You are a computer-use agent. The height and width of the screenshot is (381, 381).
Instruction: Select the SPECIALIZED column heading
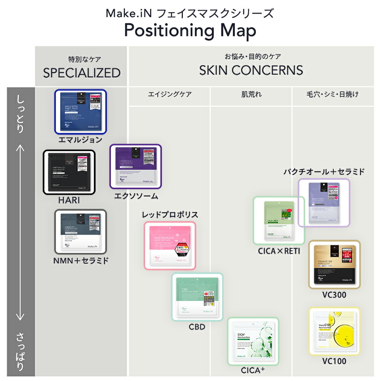(x=82, y=72)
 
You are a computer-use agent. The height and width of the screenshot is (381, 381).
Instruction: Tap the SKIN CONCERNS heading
(x=251, y=70)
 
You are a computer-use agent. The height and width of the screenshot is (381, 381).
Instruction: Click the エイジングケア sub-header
(x=170, y=94)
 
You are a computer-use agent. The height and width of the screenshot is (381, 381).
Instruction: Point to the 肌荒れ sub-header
(x=251, y=94)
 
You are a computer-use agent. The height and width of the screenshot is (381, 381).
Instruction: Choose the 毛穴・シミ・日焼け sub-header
(x=333, y=94)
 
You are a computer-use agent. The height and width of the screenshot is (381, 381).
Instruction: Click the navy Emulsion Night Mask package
(x=80, y=112)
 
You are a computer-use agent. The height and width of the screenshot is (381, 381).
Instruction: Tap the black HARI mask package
(x=69, y=172)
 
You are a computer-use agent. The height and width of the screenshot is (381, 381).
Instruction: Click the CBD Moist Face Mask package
(x=197, y=296)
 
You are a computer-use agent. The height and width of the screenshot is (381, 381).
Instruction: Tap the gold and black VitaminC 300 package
(x=334, y=264)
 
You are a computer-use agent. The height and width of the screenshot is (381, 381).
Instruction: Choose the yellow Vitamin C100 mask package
(x=334, y=331)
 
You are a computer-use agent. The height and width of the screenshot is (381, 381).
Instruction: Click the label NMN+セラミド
(x=81, y=261)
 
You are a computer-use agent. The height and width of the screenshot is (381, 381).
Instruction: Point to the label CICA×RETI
(x=279, y=251)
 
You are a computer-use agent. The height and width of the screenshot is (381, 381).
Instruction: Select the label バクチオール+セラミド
(x=324, y=171)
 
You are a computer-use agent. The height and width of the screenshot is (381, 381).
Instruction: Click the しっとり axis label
(x=21, y=114)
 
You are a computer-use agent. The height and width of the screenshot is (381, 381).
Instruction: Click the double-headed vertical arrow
(x=21, y=232)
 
